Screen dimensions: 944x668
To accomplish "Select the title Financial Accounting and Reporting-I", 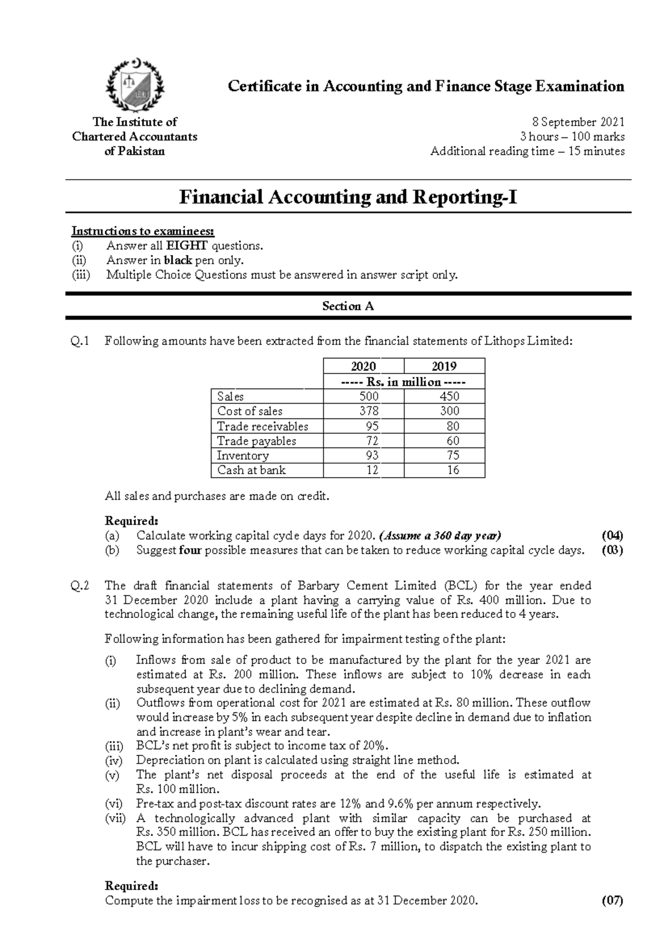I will click(x=348, y=197).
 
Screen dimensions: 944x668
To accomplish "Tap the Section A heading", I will click(x=348, y=306).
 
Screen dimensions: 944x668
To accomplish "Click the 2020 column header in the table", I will click(x=364, y=366).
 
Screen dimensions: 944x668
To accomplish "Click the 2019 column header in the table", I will click(x=444, y=366).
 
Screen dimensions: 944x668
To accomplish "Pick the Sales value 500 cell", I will click(x=369, y=396).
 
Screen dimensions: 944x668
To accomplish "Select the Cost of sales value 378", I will click(x=369, y=411).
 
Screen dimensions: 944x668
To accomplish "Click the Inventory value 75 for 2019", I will click(x=453, y=455).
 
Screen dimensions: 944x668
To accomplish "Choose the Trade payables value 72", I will click(x=372, y=441).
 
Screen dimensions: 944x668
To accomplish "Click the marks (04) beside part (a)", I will click(x=612, y=535).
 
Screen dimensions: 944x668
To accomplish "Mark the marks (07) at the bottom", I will click(x=612, y=901).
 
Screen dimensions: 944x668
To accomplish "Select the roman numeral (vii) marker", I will click(x=116, y=819).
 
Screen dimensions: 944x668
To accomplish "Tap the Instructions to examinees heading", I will click(x=143, y=231).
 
